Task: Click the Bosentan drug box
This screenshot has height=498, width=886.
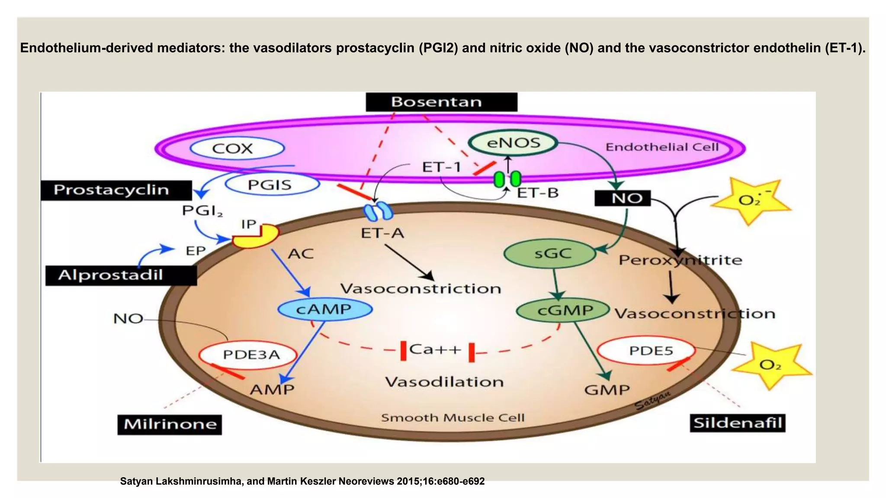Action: [x=441, y=102]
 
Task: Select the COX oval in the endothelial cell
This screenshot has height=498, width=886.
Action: [x=237, y=148]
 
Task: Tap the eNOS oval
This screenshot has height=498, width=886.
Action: [x=513, y=143]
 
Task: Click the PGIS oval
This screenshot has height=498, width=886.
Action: [x=273, y=185]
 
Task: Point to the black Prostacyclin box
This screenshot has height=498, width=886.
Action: [x=116, y=190]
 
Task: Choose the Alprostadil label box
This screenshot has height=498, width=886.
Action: [x=121, y=275]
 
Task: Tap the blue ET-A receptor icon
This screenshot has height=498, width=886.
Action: [x=378, y=212]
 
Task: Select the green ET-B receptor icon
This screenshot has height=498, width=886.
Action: [x=507, y=179]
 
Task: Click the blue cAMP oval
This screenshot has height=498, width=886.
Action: [x=324, y=310]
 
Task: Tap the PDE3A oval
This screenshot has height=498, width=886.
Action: [x=248, y=355]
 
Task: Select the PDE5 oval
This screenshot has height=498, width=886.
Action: [x=646, y=351]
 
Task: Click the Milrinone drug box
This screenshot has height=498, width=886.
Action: [x=170, y=424]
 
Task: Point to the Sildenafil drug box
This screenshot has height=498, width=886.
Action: [x=737, y=423]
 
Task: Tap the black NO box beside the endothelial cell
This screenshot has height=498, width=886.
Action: [x=623, y=198]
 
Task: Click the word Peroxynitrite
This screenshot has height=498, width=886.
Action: [x=680, y=260]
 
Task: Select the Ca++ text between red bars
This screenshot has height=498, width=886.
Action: [x=435, y=349]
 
